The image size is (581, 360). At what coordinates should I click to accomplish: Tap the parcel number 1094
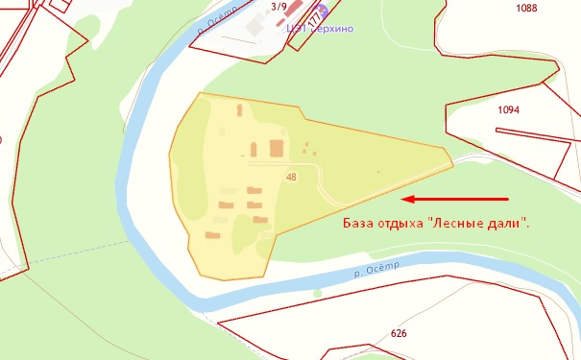(508, 110)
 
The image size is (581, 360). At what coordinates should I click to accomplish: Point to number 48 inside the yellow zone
(290, 177)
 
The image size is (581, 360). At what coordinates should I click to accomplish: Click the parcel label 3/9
(278, 7)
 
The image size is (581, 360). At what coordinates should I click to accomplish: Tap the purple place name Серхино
(331, 29)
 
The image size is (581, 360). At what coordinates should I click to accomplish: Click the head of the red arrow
(403, 200)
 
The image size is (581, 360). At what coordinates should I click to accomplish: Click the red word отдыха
(409, 224)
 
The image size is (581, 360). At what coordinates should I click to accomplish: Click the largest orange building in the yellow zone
(277, 149)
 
